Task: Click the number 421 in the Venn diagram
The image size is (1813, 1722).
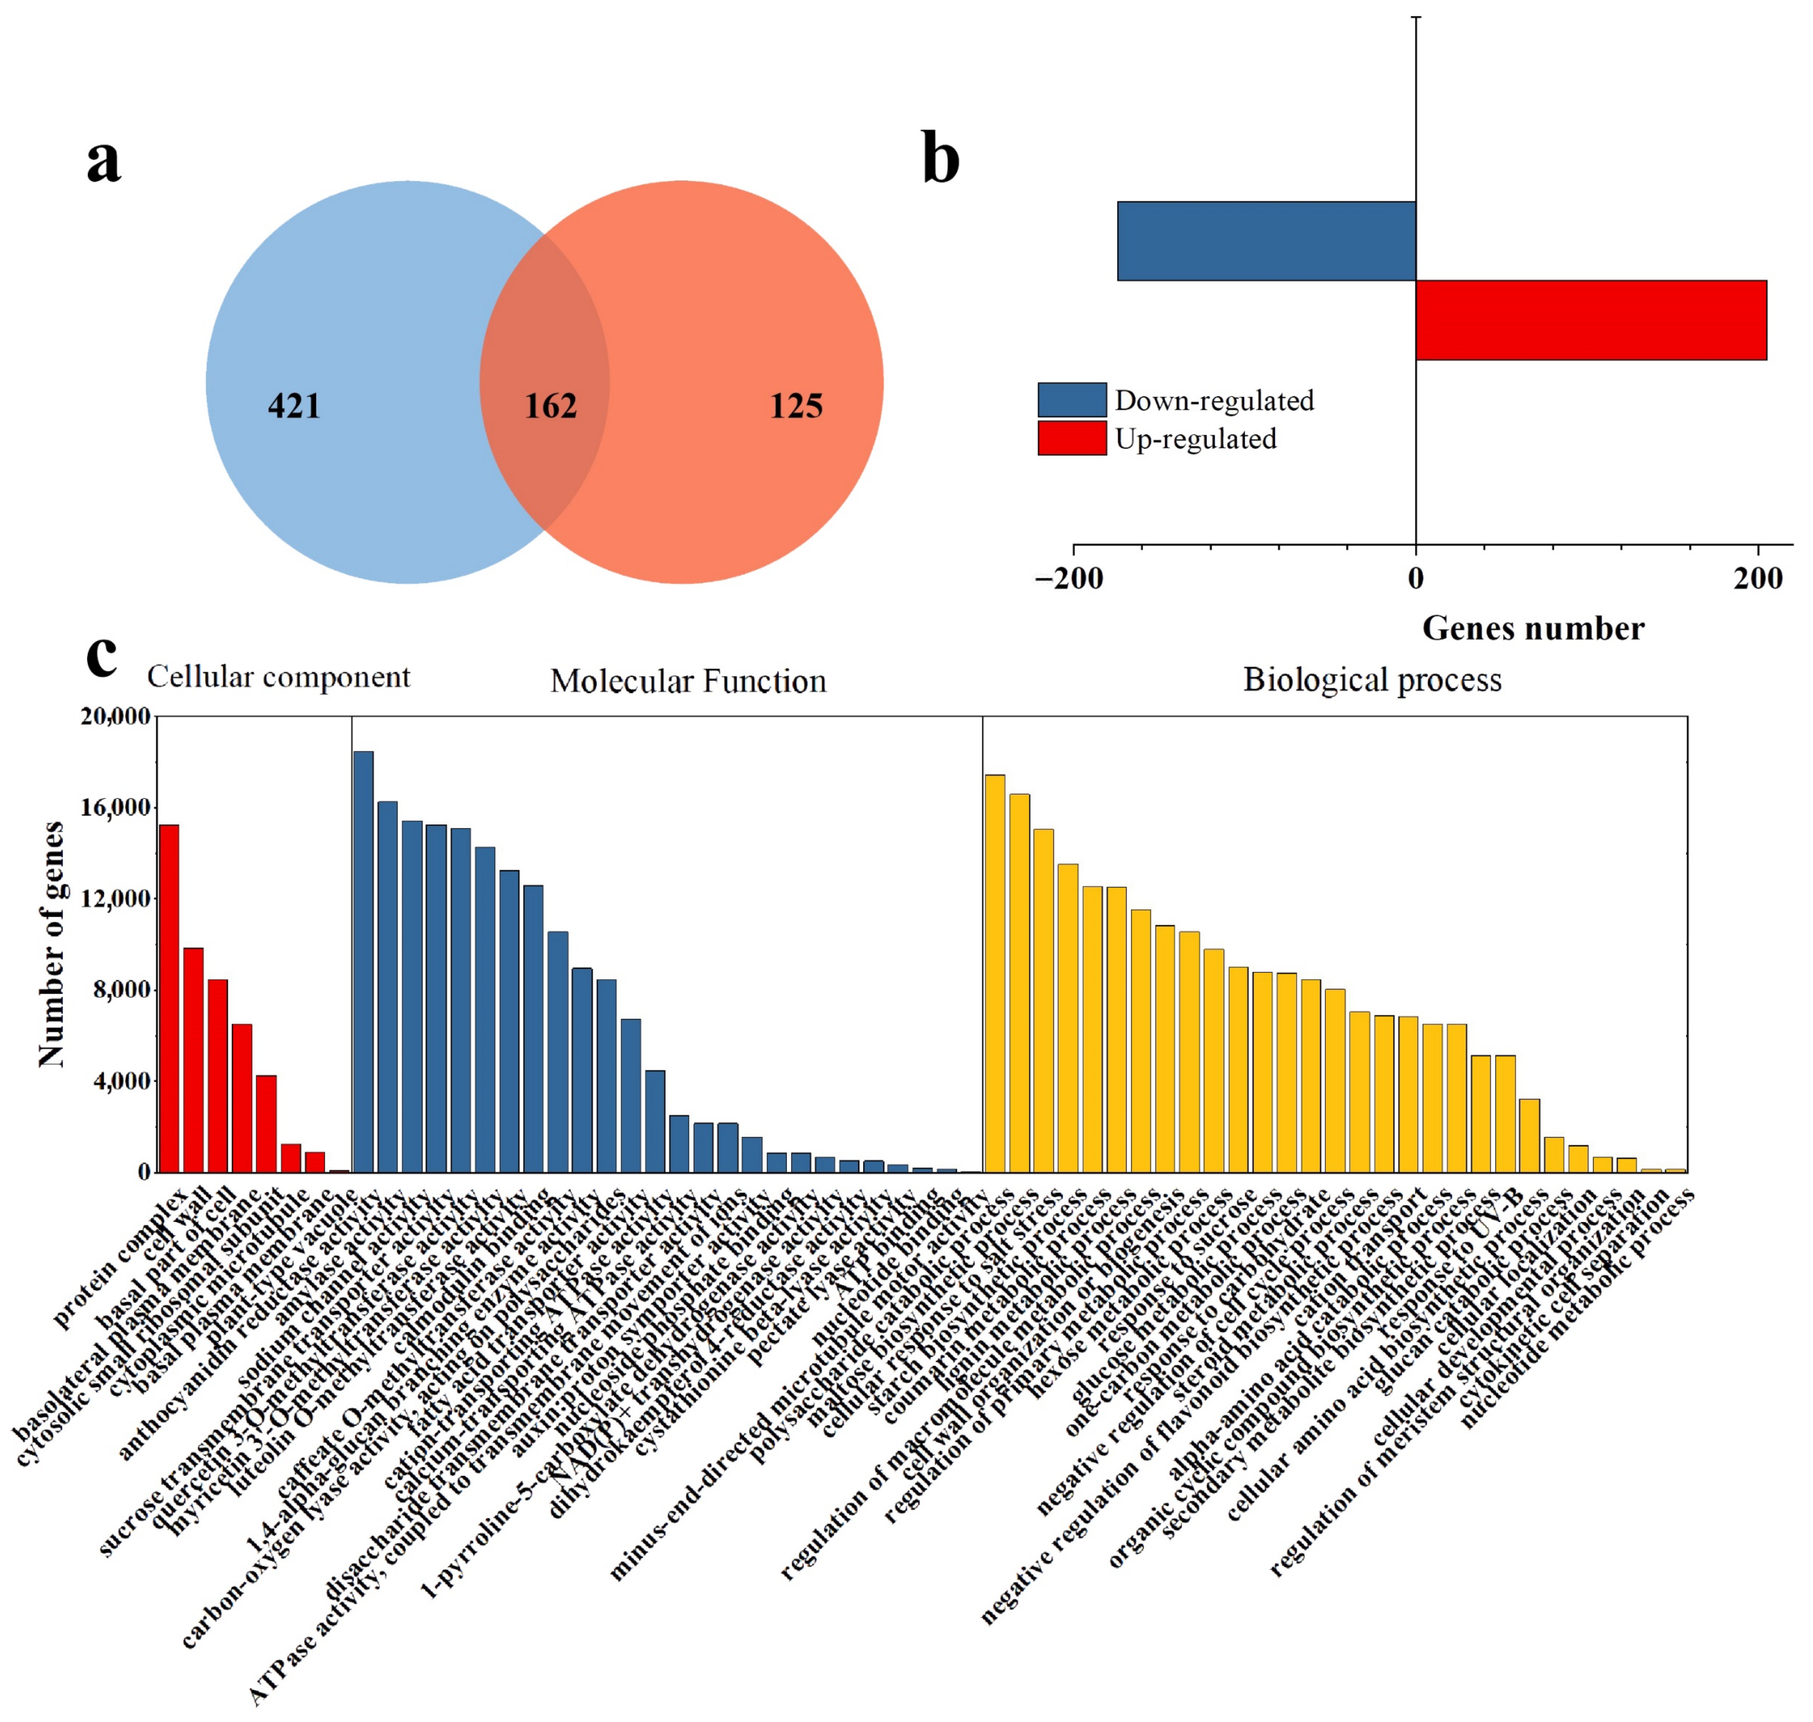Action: pos(294,406)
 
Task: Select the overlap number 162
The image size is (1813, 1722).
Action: pos(550,406)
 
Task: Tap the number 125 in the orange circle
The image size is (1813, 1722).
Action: pos(795,406)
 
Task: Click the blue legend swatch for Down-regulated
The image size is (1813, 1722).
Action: pos(1071,400)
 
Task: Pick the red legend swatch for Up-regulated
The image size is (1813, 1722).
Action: pos(1071,438)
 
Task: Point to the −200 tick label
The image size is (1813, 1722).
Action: pos(1069,578)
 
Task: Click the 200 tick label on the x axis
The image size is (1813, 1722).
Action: pos(1757,578)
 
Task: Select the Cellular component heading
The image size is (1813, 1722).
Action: pos(278,676)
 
